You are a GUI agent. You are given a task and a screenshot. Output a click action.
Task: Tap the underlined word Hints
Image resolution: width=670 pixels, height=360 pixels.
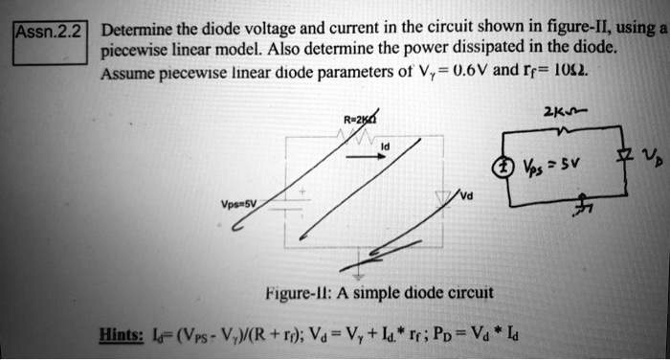point(123,335)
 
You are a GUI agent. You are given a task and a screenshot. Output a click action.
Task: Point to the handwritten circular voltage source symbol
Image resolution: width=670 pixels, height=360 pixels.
point(500,163)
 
